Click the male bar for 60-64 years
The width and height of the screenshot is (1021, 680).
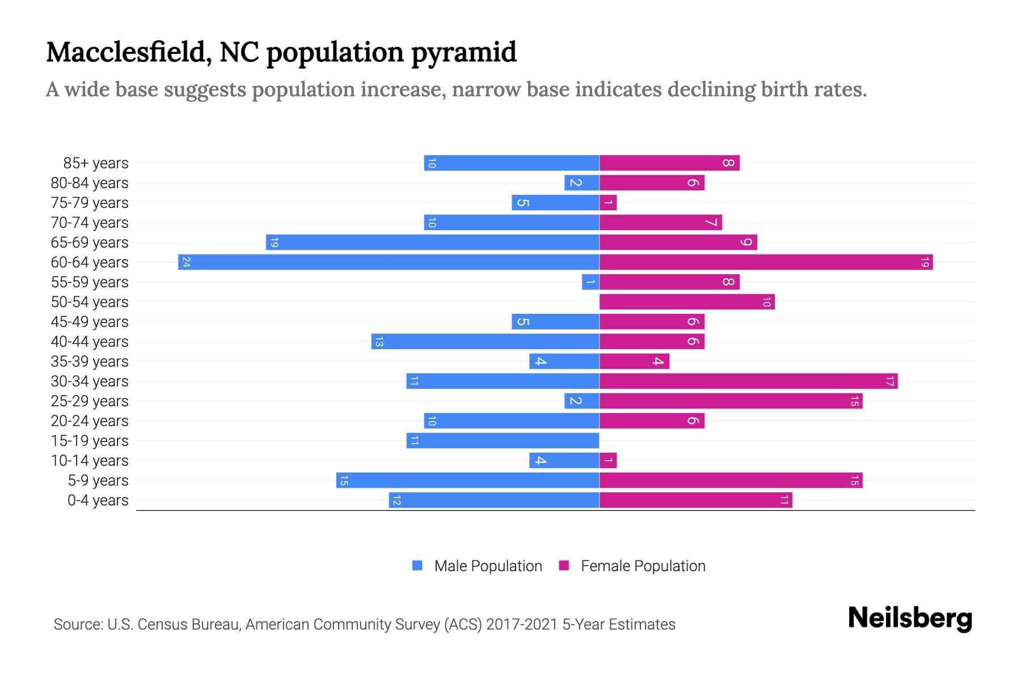point(389,262)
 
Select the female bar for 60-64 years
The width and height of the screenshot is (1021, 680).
point(766,262)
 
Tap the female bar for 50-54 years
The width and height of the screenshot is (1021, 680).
point(687,302)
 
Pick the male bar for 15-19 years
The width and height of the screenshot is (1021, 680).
point(503,441)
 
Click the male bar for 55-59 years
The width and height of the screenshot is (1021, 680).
point(590,282)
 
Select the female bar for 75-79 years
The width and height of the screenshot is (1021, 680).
point(608,203)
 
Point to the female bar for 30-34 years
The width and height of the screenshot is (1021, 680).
point(748,381)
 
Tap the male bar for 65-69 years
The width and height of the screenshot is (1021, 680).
point(432,243)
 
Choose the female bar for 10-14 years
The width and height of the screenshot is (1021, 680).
point(608,461)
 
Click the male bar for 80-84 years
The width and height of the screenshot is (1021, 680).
point(582,183)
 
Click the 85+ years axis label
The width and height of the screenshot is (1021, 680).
point(96,163)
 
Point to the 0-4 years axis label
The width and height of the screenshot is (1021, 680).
point(98,500)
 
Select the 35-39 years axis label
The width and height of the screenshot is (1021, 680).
point(90,362)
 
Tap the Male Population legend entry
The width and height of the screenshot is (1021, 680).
point(487,566)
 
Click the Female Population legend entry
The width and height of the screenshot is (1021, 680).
point(642,566)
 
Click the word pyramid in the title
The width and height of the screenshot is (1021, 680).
point(463,53)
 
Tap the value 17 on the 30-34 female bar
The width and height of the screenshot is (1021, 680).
point(889,381)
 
